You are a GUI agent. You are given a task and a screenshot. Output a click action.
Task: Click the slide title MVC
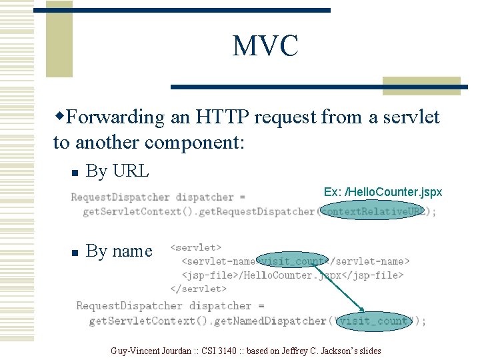pyautogui.click(x=265, y=46)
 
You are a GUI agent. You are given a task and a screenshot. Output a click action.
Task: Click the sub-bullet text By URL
pyautogui.click(x=117, y=171)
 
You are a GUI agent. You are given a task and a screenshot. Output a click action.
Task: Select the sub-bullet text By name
pyautogui.click(x=119, y=251)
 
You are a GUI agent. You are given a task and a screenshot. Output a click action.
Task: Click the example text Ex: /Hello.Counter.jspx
pyautogui.click(x=383, y=192)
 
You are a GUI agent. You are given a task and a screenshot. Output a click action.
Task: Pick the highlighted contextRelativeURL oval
pyautogui.click(x=373, y=211)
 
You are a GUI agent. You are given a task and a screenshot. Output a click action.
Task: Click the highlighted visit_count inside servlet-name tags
pyautogui.click(x=293, y=261)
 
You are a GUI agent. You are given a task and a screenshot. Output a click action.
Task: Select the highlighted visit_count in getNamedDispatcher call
pyautogui.click(x=373, y=321)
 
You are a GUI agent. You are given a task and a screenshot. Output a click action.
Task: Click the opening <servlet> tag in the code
pyautogui.click(x=196, y=247)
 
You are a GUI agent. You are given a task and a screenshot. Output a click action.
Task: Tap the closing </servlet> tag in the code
pyautogui.click(x=199, y=289)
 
